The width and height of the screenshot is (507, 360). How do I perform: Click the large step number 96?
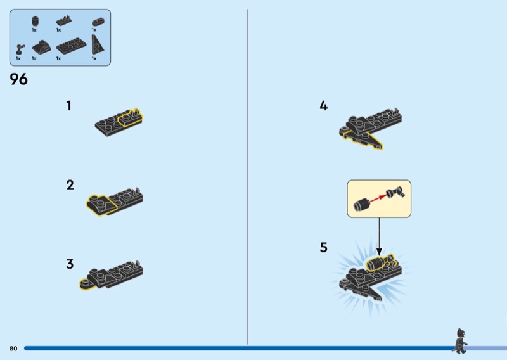tap(18, 79)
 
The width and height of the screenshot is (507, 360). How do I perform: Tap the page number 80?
tap(13, 349)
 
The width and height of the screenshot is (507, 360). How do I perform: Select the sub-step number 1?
tap(68, 106)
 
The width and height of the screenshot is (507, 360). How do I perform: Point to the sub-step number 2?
tap(70, 185)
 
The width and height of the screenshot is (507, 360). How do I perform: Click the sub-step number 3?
tap(70, 264)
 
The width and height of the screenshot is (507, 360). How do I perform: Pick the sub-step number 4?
tap(323, 106)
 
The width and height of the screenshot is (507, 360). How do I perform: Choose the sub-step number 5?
tap(323, 247)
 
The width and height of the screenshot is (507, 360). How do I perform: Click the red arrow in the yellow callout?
tap(378, 198)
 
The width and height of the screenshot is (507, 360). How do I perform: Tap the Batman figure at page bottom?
tap(460, 341)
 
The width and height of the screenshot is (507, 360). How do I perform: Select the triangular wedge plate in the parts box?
tap(97, 45)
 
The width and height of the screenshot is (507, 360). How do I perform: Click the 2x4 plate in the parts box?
tap(71, 46)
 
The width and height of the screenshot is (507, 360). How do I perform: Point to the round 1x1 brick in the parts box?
tap(35, 22)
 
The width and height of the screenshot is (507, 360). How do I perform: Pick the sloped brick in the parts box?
tap(41, 48)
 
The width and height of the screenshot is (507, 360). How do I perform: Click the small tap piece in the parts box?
tap(20, 49)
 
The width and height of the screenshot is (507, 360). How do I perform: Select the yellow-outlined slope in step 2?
tap(101, 205)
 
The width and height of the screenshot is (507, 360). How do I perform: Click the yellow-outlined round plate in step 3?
tap(87, 284)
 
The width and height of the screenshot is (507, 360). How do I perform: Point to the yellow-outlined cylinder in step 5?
tap(380, 263)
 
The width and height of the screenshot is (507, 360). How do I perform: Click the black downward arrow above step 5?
tap(379, 236)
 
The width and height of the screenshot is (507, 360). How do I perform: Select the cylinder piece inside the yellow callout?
tap(361, 205)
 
